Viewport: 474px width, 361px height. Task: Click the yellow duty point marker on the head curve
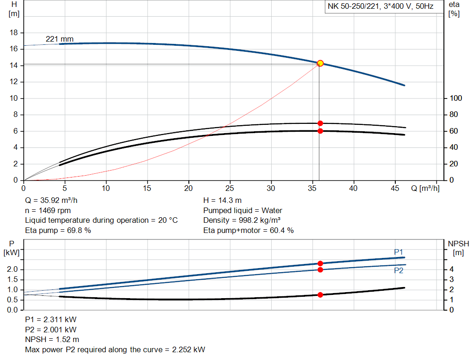tap(320, 63)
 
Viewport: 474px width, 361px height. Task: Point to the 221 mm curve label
tap(60, 39)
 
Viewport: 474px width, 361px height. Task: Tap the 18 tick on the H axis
tap(14, 33)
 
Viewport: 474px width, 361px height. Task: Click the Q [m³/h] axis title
tap(425, 189)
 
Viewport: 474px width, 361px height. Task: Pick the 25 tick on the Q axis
tap(230, 189)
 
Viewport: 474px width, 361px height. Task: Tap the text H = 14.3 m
tap(222, 201)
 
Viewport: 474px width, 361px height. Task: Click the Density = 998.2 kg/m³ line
tap(242, 220)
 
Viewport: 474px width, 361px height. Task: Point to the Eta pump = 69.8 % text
tap(58, 230)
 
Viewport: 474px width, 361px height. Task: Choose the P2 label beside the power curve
tap(399, 271)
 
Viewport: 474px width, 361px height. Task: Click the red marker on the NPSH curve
tap(320, 294)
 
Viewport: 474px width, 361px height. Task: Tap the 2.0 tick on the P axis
tap(13, 269)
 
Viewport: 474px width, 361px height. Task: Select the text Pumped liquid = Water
tap(243, 210)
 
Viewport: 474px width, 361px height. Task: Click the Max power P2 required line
tap(115, 349)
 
